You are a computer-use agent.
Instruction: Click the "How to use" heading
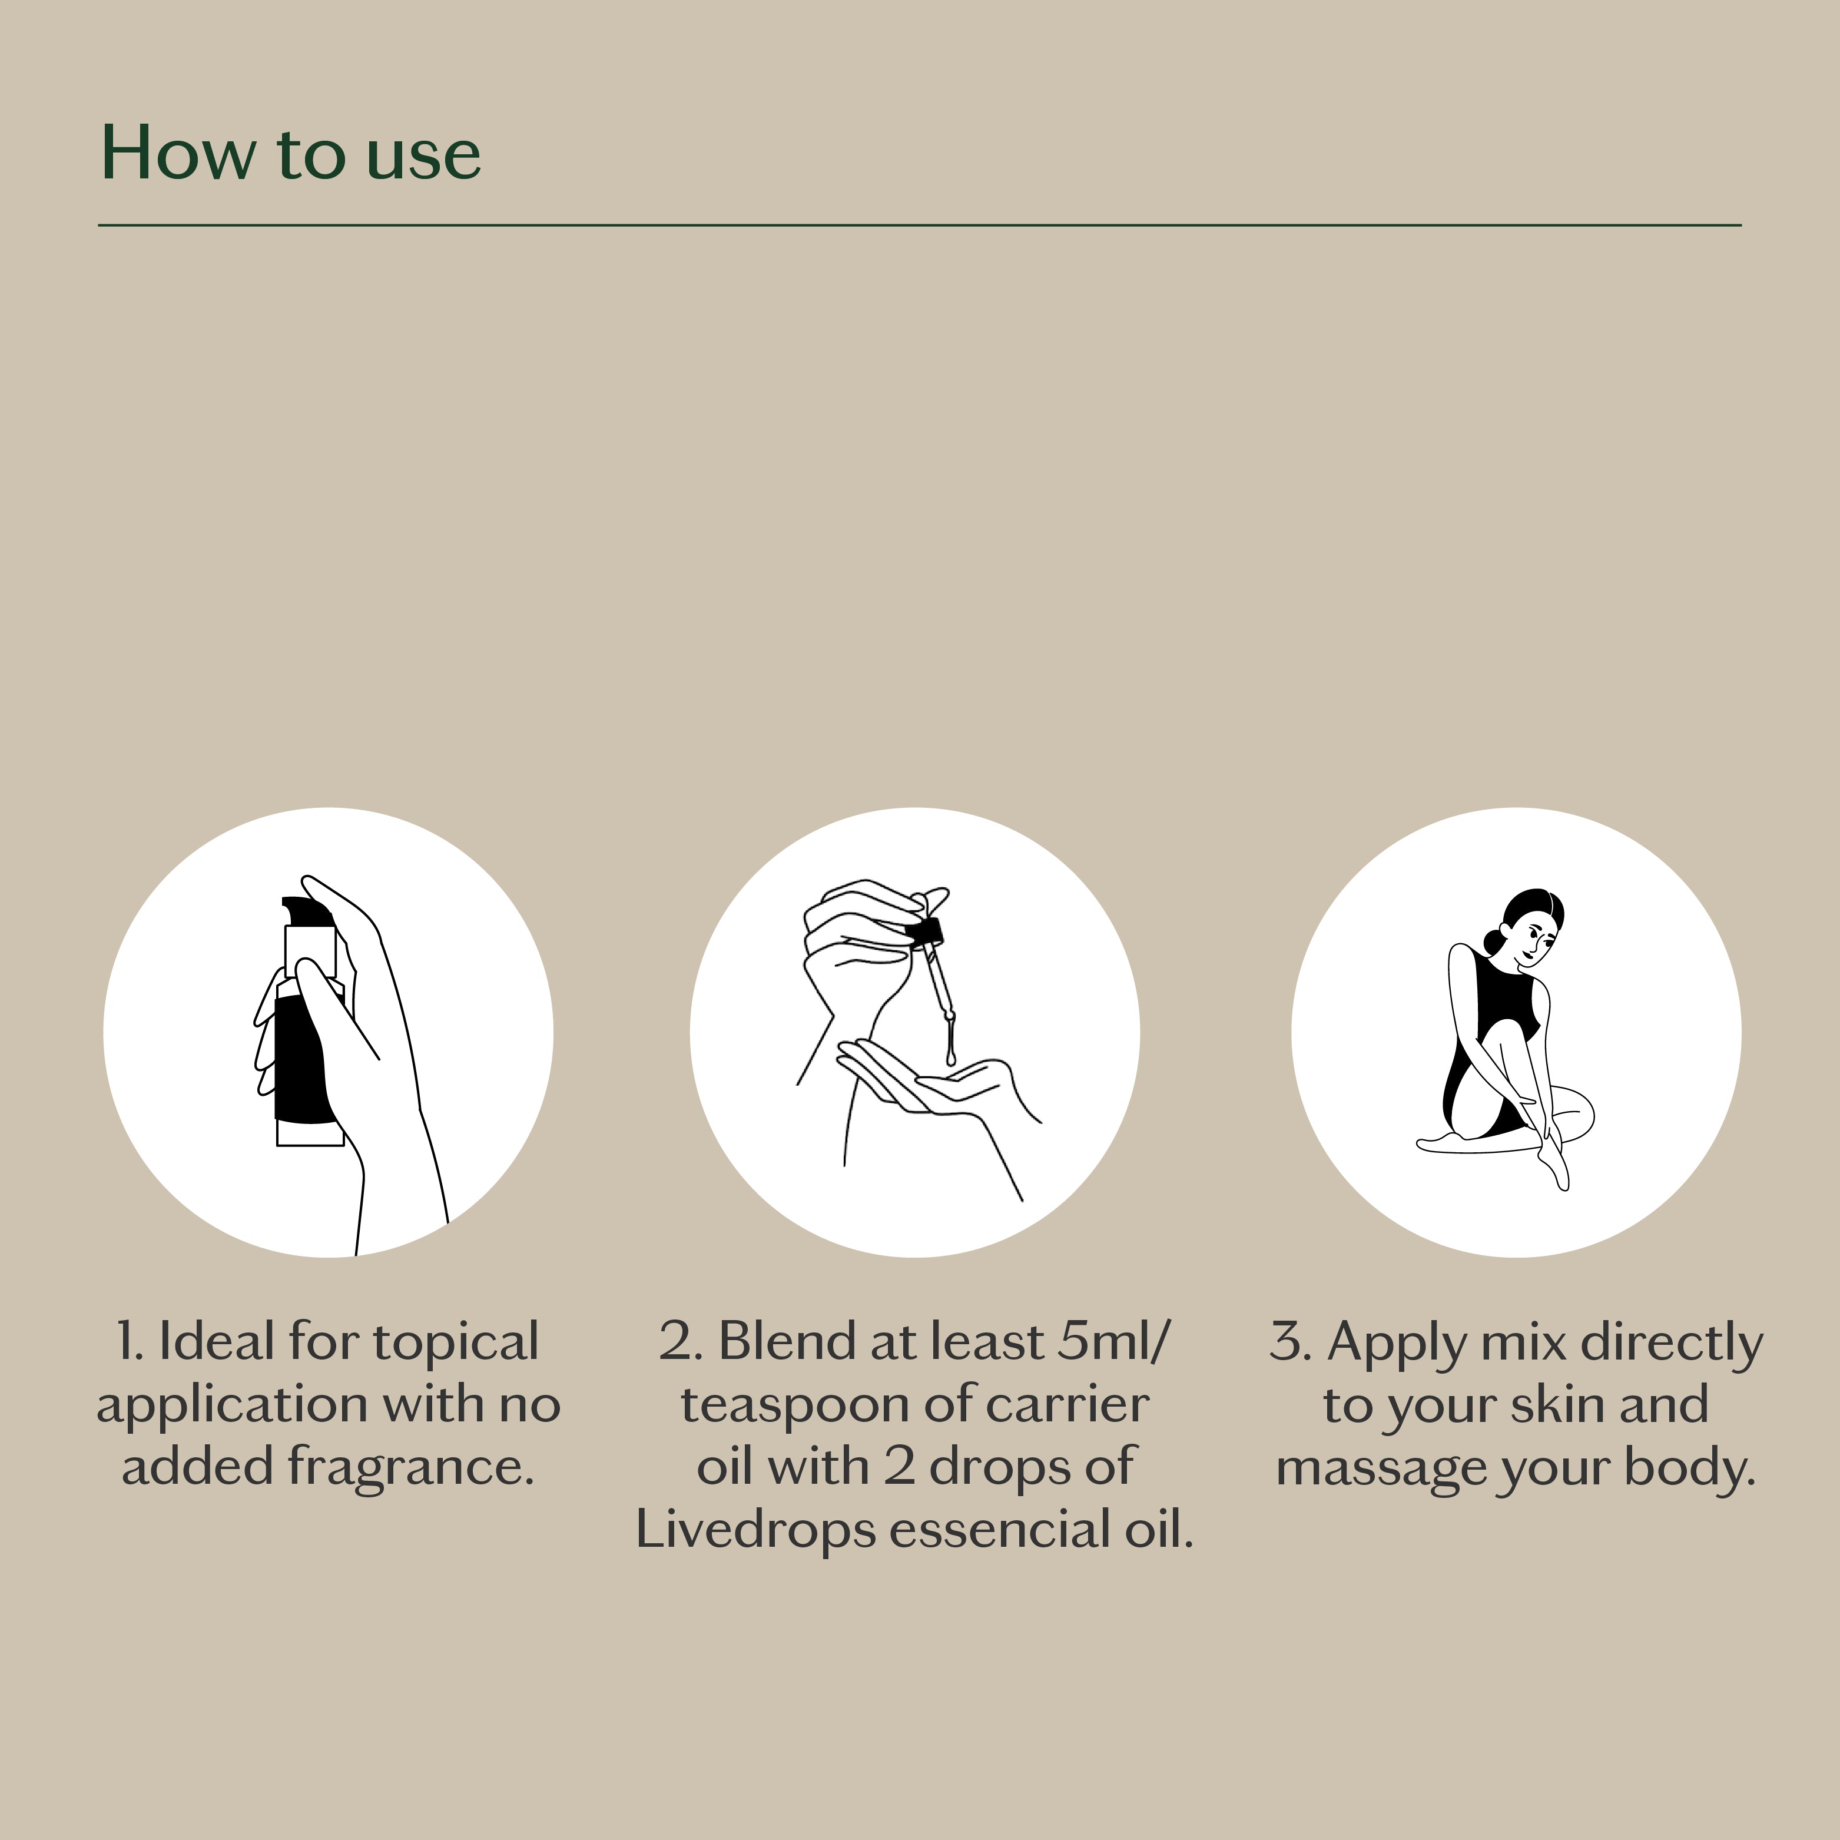pos(290,152)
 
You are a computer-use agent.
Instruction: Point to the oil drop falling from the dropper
pos(950,1055)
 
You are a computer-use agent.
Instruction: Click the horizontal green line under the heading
pos(920,226)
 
